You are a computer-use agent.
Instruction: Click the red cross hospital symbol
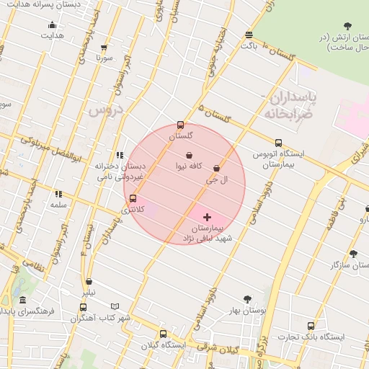[x=208, y=216]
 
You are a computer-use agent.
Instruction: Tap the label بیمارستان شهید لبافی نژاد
[x=208, y=232]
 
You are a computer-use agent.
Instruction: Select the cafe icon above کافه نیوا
[x=189, y=155]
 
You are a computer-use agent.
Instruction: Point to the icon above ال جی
[x=216, y=168]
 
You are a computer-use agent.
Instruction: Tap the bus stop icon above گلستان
[x=180, y=125]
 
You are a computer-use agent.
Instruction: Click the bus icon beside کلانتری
[x=133, y=198]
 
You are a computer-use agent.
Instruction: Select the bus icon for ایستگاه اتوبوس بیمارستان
[x=278, y=142]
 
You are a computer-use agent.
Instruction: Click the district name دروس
[x=107, y=112]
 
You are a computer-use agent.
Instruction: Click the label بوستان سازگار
[x=344, y=266]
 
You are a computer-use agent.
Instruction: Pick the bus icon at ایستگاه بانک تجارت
[x=310, y=326]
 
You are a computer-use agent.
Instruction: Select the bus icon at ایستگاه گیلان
[x=163, y=334]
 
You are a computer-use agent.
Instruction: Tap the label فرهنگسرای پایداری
[x=29, y=311]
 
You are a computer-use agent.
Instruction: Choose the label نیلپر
[x=88, y=293]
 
